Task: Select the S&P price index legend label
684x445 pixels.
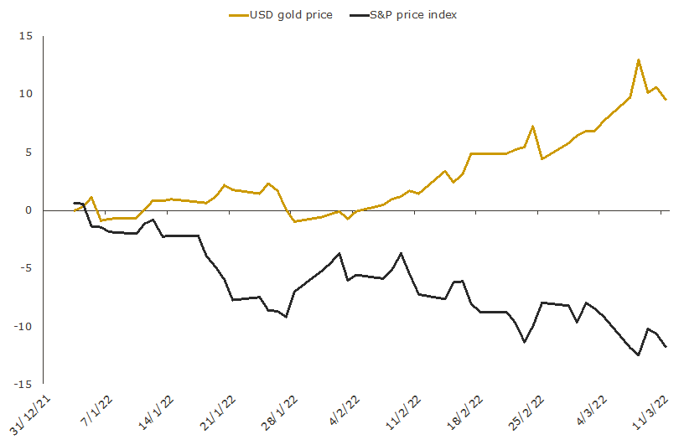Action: (413, 14)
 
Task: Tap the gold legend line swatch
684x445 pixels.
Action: (238, 14)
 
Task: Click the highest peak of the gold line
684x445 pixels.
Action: (639, 60)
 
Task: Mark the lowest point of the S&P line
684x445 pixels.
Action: (639, 355)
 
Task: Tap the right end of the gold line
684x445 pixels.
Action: (666, 100)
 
